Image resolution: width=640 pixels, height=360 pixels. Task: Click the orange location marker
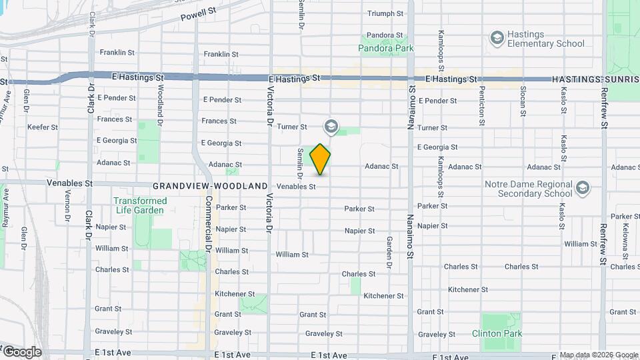[x=321, y=159]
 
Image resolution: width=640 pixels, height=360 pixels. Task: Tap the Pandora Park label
[x=385, y=48]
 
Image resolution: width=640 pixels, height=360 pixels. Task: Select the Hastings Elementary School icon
[x=496, y=38]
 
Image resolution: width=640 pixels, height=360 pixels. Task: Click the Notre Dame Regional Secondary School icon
[x=582, y=188]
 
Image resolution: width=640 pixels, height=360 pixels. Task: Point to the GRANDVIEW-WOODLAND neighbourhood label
[x=210, y=187]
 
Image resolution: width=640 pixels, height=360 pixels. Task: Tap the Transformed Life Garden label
[x=140, y=205]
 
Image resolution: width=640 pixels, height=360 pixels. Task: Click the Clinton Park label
[x=497, y=333]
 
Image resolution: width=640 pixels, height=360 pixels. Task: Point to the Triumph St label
[x=385, y=13]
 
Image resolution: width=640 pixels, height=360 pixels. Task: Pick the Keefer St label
[x=43, y=127]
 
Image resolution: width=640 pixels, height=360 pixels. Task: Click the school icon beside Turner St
[x=330, y=126]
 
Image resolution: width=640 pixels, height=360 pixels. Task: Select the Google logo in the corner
[x=22, y=352]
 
